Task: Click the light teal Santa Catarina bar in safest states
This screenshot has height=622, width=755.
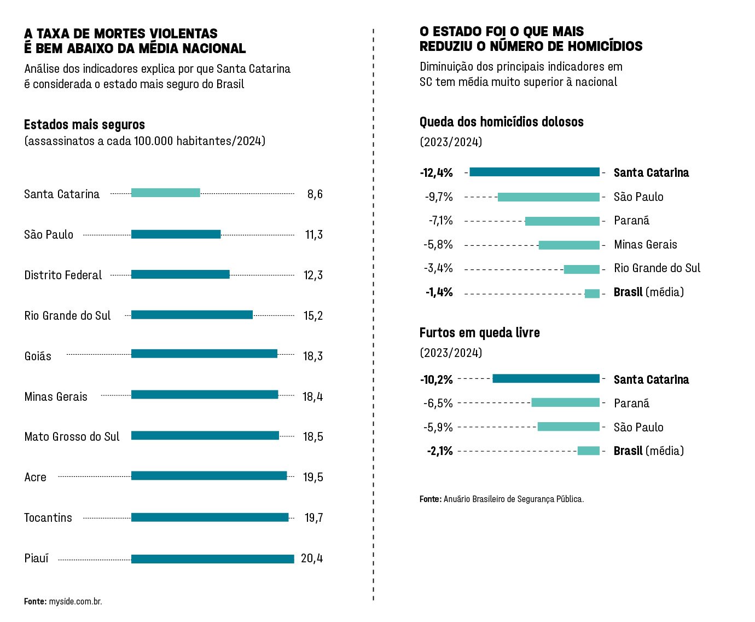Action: pos(165,193)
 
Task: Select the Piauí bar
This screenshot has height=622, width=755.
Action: pos(212,559)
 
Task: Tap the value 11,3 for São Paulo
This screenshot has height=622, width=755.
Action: pos(314,235)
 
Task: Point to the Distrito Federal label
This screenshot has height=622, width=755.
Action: pos(63,275)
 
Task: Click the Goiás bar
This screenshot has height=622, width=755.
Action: pos(204,354)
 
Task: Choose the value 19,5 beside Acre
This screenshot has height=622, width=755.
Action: pos(313,477)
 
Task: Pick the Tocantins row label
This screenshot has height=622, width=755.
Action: pos(48,518)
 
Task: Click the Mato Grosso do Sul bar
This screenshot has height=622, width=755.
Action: pos(205,435)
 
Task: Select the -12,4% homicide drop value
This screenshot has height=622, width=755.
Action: pos(437,173)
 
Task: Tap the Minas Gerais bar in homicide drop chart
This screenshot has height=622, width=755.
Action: pos(569,245)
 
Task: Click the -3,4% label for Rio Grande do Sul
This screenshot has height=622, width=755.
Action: pos(438,268)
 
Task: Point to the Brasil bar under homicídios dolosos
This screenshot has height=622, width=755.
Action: pos(592,293)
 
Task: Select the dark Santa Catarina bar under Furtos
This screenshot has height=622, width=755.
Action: pos(546,378)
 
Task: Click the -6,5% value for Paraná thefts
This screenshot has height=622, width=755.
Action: pos(438,404)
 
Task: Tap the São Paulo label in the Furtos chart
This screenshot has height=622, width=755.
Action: pos(638,428)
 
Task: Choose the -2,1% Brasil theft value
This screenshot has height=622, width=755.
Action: pos(440,451)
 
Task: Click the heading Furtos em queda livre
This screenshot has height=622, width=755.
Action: pos(479,333)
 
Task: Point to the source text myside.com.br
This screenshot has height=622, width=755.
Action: pos(75,602)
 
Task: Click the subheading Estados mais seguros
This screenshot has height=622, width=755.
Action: pos(84,125)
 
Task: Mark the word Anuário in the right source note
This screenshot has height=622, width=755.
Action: pos(456,499)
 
